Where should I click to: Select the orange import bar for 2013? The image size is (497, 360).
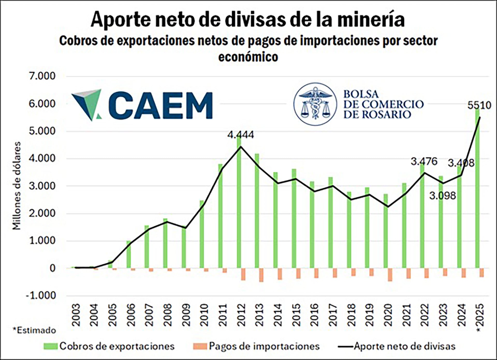(x=261, y=275)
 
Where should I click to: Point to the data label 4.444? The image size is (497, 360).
(x=240, y=135)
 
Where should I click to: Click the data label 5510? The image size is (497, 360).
(x=479, y=106)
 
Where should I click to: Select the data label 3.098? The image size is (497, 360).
(x=442, y=196)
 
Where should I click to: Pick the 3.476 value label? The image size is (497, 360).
(x=424, y=161)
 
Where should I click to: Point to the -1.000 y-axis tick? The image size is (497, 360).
(x=41, y=295)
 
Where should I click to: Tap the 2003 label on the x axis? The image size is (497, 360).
(x=76, y=315)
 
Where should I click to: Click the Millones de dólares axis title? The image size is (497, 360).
(x=17, y=186)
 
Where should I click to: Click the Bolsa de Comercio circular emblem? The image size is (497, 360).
(x=315, y=104)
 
